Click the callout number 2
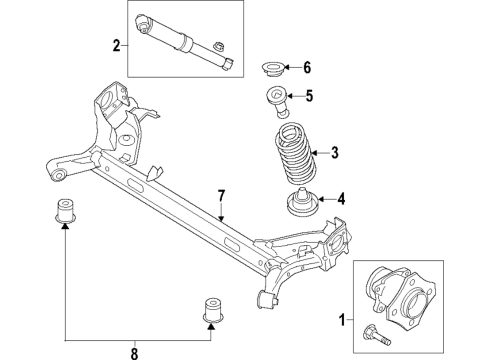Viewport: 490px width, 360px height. click(x=117, y=44)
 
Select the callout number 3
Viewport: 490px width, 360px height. click(x=336, y=152)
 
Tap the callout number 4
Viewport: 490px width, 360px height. click(x=341, y=198)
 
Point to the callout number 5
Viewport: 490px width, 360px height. click(x=310, y=97)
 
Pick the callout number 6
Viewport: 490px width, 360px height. click(x=307, y=68)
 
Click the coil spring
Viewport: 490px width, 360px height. click(x=291, y=155)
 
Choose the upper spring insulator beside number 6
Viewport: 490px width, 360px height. click(x=271, y=69)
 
